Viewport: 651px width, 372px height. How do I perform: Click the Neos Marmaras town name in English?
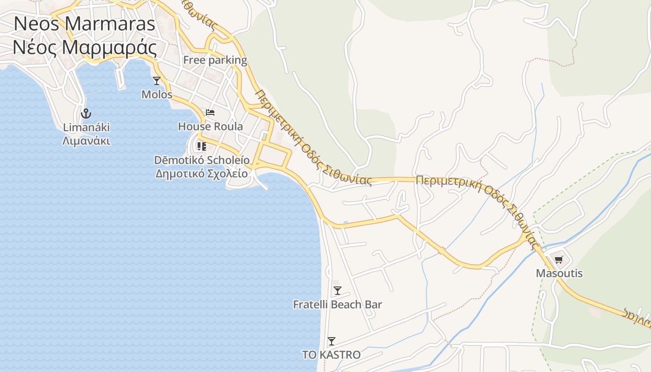click(x=84, y=24)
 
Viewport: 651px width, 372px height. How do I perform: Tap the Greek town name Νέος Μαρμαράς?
click(x=84, y=47)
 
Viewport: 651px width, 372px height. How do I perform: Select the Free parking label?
click(x=215, y=60)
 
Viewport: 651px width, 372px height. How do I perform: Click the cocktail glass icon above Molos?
click(x=157, y=81)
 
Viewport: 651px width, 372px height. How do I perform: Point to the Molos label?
click(x=157, y=94)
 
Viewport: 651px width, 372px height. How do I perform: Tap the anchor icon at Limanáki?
click(x=86, y=113)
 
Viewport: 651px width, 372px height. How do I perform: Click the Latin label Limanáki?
click(x=86, y=127)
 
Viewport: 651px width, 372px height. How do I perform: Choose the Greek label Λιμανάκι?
click(x=86, y=140)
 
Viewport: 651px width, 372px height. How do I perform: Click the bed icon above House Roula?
click(x=210, y=113)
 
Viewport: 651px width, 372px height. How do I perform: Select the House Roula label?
click(x=210, y=126)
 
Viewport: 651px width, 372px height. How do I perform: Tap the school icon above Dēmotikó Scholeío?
click(x=201, y=146)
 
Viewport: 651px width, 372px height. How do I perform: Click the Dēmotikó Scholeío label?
click(x=202, y=160)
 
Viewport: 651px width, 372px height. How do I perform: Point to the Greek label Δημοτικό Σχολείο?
click(x=202, y=173)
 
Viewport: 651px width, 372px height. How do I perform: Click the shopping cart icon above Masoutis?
click(x=558, y=259)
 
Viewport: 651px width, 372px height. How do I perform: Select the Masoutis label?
click(x=559, y=273)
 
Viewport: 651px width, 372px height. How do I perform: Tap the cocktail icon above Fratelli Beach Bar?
click(x=338, y=291)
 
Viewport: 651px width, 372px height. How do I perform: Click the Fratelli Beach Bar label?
click(x=338, y=305)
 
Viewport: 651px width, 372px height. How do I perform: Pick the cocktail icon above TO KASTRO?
click(x=331, y=341)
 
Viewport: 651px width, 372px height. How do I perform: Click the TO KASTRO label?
click(x=331, y=355)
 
